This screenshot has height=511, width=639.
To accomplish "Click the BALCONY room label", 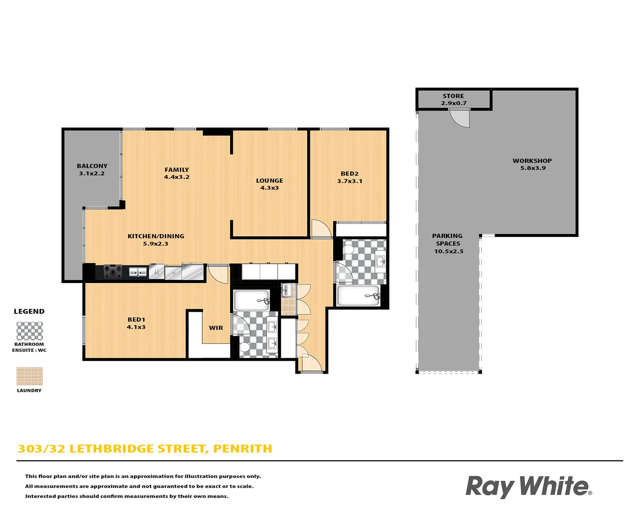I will (x=92, y=169).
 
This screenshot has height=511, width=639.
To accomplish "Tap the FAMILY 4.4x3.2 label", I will (x=177, y=173).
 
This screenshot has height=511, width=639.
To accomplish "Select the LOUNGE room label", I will (x=269, y=184).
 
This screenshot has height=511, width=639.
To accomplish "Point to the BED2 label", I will (x=350, y=177).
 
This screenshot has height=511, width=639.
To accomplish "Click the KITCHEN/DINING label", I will (x=156, y=239).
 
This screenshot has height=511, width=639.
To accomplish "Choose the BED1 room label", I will (x=136, y=323).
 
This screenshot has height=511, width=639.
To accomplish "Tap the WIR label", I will (x=216, y=328).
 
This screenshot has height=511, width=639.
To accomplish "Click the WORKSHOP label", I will (x=532, y=164).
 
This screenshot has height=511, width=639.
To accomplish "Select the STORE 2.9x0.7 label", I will (x=453, y=99).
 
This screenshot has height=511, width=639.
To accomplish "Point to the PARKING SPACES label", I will (x=448, y=243).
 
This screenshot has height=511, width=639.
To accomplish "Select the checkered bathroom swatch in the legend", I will (x=29, y=331).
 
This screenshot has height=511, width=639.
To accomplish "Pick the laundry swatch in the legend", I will (x=29, y=377).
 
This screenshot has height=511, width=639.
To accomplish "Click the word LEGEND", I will (x=29, y=311).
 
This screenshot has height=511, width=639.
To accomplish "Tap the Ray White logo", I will (x=528, y=486).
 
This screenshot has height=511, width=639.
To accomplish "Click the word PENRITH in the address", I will (x=242, y=449).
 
